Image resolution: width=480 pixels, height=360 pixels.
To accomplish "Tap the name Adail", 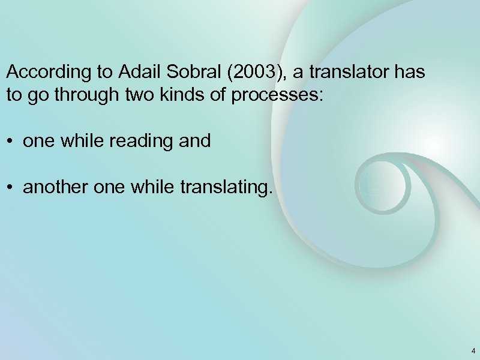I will click(136, 73).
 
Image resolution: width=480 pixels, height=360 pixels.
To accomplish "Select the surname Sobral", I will click(184, 73).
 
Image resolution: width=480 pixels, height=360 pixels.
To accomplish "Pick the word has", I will click(411, 73).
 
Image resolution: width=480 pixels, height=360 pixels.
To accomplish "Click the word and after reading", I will click(196, 141).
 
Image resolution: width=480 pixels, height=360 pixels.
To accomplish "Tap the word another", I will click(52, 188).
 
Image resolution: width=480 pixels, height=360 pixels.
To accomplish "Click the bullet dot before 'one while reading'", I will click(11, 142).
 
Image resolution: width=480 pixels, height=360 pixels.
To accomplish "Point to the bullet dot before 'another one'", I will click(11, 189).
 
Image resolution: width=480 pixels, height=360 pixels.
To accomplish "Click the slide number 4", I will click(473, 351).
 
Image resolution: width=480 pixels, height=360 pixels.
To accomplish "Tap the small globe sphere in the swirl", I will click(382, 180).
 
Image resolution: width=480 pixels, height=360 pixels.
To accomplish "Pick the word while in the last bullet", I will click(154, 188).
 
